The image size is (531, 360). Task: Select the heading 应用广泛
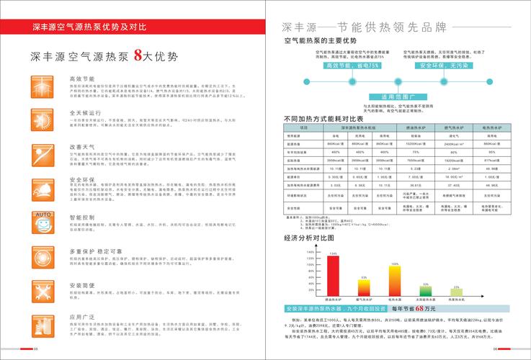pos(81,317)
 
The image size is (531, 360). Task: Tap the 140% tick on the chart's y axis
pos(311,252)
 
